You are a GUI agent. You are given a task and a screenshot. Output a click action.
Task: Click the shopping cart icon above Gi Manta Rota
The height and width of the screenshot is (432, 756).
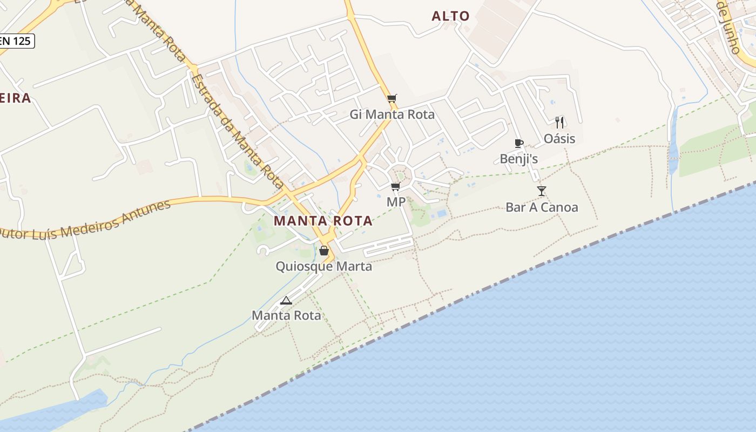click(x=392, y=98)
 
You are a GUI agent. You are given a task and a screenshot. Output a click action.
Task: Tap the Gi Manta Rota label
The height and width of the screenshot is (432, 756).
click(x=392, y=114)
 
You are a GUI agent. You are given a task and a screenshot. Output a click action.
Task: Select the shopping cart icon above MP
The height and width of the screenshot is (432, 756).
click(x=396, y=187)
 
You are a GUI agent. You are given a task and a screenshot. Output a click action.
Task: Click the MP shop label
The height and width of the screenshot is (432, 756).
click(x=396, y=202)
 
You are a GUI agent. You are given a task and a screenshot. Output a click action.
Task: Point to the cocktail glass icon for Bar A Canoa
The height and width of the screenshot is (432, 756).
click(x=542, y=191)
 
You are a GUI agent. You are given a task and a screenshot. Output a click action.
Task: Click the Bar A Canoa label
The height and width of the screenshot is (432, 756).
click(x=542, y=207)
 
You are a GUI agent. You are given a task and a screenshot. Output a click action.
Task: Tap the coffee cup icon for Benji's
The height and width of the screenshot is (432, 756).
click(x=519, y=143)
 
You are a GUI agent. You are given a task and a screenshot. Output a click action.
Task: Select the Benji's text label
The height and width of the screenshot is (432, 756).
click(x=519, y=159)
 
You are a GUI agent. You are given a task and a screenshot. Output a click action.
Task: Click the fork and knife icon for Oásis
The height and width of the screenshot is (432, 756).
click(x=559, y=123)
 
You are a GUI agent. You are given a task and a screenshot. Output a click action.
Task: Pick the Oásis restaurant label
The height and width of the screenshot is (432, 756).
click(x=559, y=139)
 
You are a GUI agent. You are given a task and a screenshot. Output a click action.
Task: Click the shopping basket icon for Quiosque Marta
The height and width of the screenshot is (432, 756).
click(x=323, y=251)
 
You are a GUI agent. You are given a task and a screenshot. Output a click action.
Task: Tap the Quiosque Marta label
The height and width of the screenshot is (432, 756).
click(x=323, y=266)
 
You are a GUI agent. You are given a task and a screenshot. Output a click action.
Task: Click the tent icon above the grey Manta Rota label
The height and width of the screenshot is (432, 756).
click(x=286, y=300)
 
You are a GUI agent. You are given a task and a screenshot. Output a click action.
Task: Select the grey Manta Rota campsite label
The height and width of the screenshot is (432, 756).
click(x=286, y=315)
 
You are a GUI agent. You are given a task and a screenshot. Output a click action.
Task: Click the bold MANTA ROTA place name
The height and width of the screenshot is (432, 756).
click(x=323, y=221)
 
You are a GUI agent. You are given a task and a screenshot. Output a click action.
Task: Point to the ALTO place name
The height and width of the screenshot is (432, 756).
click(x=450, y=16)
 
